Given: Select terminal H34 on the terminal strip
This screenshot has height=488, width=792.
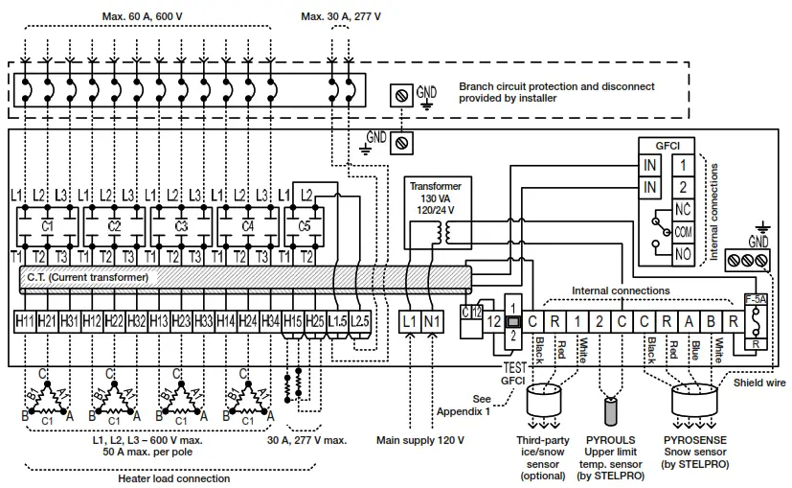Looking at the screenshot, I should click(271, 320).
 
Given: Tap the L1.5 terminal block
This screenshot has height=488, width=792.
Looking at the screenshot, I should click(336, 320).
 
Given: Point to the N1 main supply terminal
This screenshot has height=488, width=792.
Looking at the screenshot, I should click(432, 320).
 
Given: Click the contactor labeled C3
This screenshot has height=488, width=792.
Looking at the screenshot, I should click(181, 226).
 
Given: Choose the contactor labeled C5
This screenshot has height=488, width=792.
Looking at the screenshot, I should click(305, 226).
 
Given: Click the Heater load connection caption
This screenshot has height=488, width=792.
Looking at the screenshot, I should click(173, 478).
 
